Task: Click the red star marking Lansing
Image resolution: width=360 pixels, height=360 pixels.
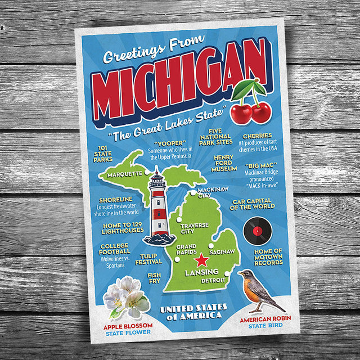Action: (201, 260)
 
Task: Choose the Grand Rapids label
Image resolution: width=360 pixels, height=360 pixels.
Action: (186, 250)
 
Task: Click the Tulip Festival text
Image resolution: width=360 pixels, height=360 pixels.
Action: (148, 258)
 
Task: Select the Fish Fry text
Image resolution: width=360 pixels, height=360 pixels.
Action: (154, 278)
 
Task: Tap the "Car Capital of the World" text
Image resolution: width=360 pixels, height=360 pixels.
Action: (252, 204)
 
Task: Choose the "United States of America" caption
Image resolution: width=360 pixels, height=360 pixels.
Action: (193, 311)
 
